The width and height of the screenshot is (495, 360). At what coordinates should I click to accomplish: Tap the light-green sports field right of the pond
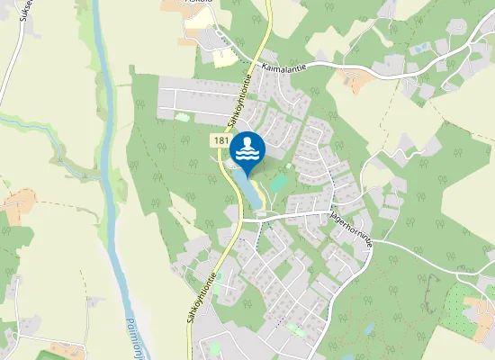click(278, 183)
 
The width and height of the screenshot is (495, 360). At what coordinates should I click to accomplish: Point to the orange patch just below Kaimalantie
click(358, 82)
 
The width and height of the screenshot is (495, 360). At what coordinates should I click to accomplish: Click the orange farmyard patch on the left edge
click(18, 202)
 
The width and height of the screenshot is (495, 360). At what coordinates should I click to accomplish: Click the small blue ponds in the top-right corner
click(420, 47)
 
